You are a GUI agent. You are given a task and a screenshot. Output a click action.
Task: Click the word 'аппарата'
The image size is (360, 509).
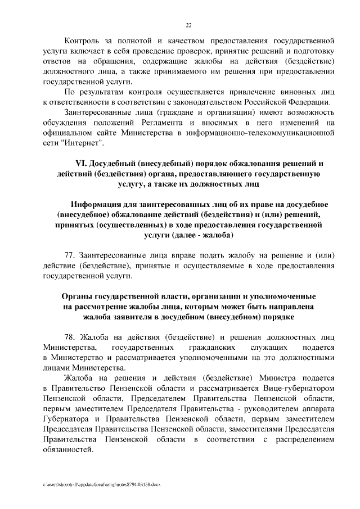click(319, 408)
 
